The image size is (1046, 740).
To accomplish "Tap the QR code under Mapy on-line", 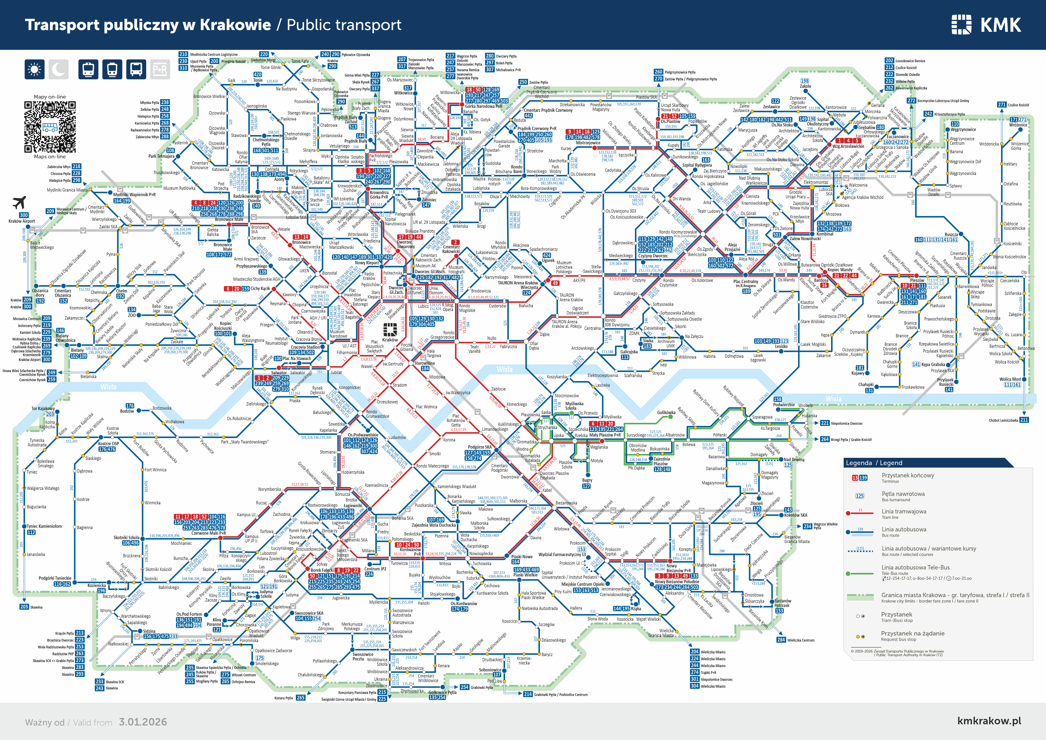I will point(50,127).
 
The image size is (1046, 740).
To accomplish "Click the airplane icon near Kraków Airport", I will point(19,202).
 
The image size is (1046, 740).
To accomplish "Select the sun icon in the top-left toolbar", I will point(34,69).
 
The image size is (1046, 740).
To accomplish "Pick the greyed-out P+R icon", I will point(159,69).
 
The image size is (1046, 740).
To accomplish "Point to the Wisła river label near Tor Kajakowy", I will point(108,387).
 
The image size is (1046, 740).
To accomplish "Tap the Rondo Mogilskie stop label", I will point(467,308).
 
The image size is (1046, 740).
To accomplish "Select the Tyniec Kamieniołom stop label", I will point(44,526).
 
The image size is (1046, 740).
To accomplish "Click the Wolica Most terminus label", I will point(1010,379).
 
